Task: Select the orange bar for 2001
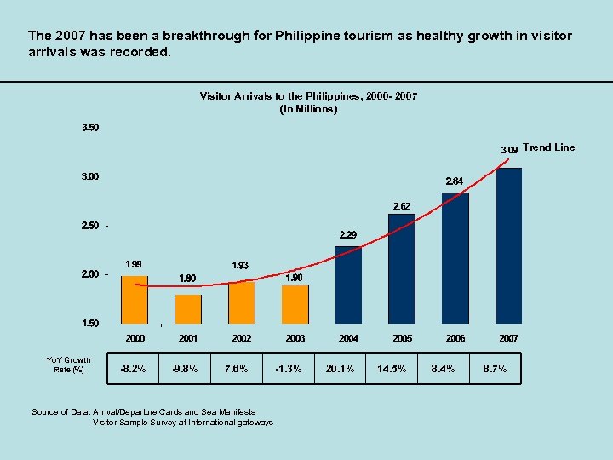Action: click(188, 308)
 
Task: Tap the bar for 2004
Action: click(348, 285)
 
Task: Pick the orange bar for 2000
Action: click(135, 299)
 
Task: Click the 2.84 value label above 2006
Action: click(455, 181)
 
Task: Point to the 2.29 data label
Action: click(348, 234)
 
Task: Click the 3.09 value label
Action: click(509, 149)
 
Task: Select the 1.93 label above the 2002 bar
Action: click(241, 267)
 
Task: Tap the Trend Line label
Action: click(549, 147)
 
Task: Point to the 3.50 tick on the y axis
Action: click(89, 128)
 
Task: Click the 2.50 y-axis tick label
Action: click(89, 226)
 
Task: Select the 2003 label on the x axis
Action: click(295, 338)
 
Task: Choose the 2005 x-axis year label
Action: click(402, 338)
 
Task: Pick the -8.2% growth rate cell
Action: click(135, 369)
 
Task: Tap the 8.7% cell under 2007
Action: click(495, 369)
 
